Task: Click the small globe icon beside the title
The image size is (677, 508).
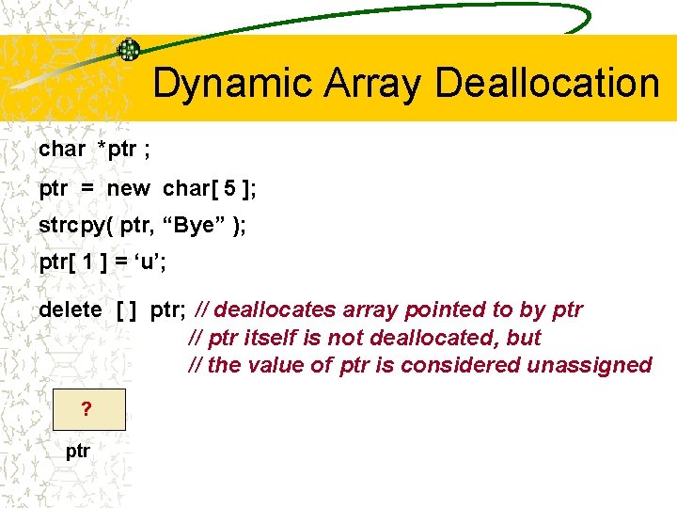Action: coord(128,50)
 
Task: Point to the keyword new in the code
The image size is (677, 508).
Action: coord(128,188)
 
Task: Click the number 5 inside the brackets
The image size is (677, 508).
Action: coord(229,188)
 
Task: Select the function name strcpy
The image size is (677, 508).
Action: coord(71,227)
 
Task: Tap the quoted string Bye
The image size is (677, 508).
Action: coord(198,227)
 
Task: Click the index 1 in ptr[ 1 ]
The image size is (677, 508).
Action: coord(87,265)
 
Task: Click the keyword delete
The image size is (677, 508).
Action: coord(70,310)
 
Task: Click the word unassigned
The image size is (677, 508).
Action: coord(589,364)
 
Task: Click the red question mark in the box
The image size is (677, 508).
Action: coord(87,409)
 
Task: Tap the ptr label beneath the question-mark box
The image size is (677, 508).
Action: coord(78,451)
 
